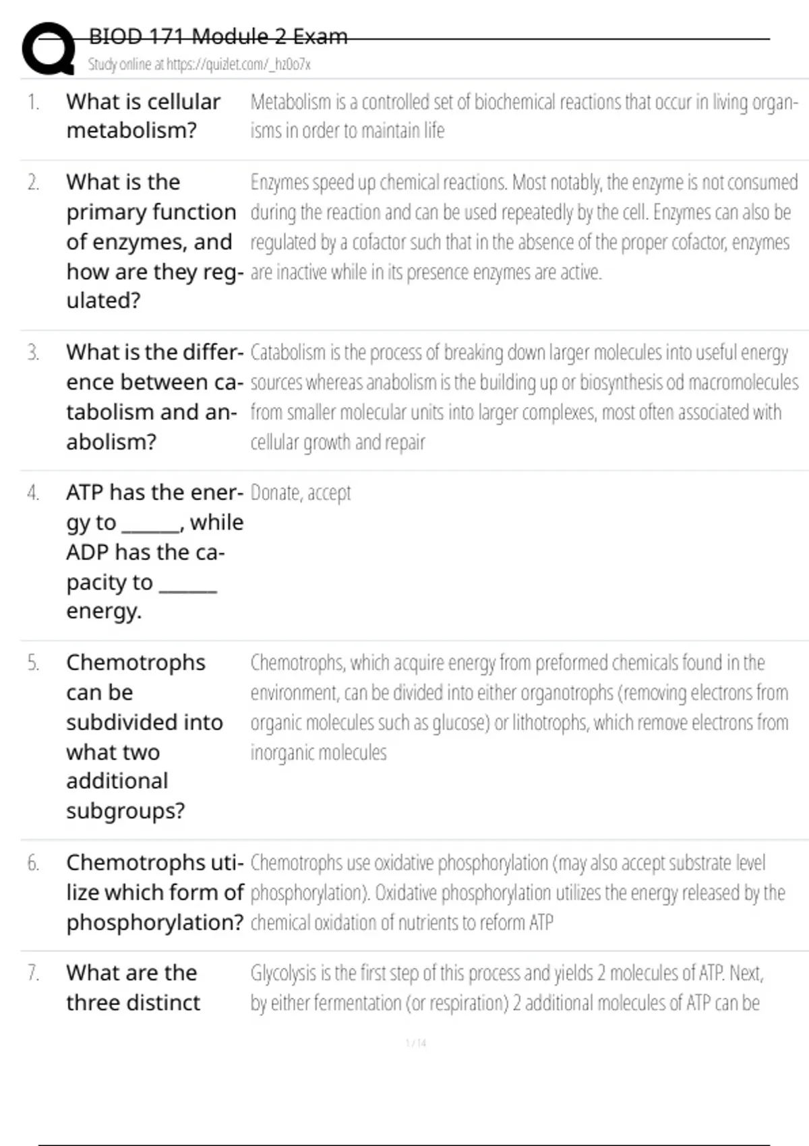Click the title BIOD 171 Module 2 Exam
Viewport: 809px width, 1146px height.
click(x=218, y=36)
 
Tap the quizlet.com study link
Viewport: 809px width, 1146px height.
click(x=199, y=65)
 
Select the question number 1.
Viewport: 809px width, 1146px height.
click(x=33, y=102)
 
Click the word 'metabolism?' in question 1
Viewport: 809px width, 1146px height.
click(x=131, y=130)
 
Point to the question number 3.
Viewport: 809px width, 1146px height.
click(x=33, y=353)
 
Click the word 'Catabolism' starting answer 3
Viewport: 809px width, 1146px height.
click(x=288, y=353)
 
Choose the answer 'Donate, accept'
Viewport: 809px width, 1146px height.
click(x=301, y=493)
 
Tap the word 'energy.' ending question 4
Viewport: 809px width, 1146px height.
click(x=104, y=611)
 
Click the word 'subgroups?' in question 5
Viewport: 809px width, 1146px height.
click(x=125, y=810)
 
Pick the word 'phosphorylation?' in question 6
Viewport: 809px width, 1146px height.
click(x=154, y=922)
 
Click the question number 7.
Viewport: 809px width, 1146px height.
click(x=33, y=973)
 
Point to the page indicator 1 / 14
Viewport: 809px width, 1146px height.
click(x=416, y=1043)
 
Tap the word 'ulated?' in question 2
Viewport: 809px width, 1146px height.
click(x=103, y=301)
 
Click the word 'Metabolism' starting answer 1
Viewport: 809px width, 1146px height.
click(x=291, y=102)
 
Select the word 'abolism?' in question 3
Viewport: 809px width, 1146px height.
click(x=111, y=442)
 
